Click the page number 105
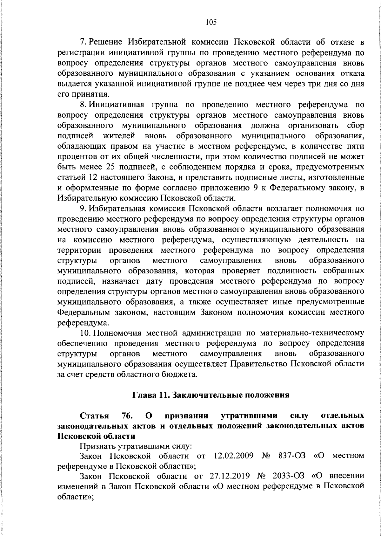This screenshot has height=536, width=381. point(211,22)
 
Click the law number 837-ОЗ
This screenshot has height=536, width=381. point(292,456)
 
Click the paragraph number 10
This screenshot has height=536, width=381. point(85,333)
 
